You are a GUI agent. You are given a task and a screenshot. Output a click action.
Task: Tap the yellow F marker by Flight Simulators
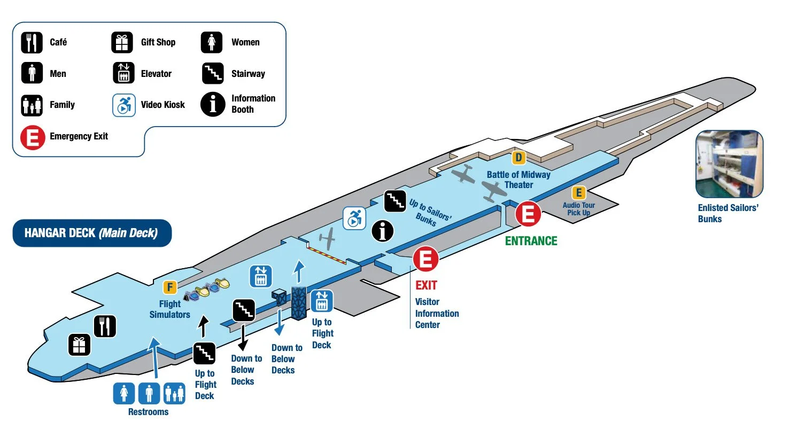point(169,288)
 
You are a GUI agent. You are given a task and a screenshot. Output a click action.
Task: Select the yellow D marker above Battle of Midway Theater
point(518,158)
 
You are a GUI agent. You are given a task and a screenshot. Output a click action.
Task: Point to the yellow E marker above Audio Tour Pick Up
point(578,192)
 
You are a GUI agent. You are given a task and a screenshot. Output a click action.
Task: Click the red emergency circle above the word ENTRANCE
point(528,215)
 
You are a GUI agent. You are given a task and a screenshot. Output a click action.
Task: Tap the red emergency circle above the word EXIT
point(426,259)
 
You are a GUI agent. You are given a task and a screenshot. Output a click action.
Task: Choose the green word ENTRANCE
point(531,241)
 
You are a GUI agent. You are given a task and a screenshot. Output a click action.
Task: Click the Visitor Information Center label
point(437,313)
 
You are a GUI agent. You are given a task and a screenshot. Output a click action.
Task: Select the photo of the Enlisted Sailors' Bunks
point(729,164)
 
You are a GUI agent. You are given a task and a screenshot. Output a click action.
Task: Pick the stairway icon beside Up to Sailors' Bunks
point(395,200)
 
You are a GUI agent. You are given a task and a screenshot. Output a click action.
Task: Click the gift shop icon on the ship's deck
point(79,345)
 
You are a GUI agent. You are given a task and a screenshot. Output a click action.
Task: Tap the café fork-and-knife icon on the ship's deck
point(105,326)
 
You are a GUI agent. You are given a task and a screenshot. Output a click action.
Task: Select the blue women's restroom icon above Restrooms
point(124,393)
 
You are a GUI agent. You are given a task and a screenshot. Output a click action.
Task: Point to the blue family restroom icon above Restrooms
point(174,393)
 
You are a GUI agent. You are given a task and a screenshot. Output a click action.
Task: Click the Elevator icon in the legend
point(123,74)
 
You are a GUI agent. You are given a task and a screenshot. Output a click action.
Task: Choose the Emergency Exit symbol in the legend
point(32,137)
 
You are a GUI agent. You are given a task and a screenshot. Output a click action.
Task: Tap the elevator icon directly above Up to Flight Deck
point(321,301)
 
